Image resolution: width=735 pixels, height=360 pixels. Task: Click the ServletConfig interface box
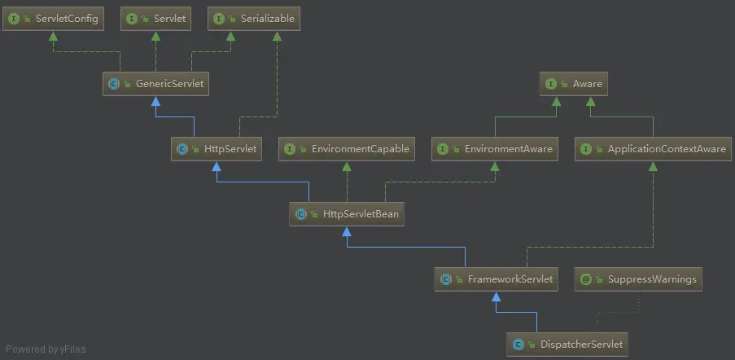[x=54, y=18]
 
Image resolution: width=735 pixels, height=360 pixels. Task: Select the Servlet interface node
[x=157, y=18]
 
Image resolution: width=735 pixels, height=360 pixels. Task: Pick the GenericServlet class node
[x=157, y=83]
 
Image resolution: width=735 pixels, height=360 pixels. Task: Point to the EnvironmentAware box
[x=496, y=149]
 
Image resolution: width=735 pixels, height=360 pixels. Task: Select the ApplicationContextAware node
[x=654, y=149]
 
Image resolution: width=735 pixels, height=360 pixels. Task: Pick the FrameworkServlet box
[x=497, y=279]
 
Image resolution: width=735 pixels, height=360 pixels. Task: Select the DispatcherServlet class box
[x=568, y=345]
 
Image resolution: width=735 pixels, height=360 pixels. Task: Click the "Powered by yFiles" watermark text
[x=45, y=349]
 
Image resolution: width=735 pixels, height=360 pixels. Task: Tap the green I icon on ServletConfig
[x=14, y=18]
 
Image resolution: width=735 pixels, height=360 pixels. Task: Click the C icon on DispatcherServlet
[x=518, y=345]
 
